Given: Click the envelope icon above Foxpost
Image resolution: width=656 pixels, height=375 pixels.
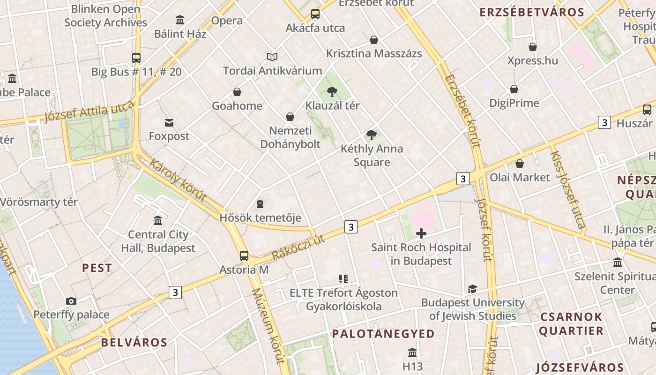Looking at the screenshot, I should [x=169, y=123].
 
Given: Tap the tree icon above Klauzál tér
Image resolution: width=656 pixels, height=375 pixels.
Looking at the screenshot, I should [x=332, y=91].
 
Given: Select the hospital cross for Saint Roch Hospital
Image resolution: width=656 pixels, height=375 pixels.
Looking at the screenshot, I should [x=421, y=233].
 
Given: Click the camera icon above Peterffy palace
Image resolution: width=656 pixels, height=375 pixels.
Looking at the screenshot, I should [x=71, y=301].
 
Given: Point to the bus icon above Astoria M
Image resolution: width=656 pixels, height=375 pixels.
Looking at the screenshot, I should [x=244, y=255].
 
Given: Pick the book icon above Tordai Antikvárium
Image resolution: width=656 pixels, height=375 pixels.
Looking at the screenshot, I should [x=272, y=57].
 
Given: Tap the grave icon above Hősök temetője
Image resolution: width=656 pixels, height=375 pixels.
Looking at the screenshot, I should [x=260, y=204].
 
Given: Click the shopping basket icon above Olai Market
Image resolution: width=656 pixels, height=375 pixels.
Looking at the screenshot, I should [x=520, y=164].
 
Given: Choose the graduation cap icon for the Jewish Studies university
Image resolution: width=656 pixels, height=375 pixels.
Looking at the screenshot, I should [x=472, y=289].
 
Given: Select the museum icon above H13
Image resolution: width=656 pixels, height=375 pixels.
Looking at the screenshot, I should [x=412, y=352].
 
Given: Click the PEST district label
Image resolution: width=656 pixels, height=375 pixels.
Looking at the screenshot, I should [x=97, y=268].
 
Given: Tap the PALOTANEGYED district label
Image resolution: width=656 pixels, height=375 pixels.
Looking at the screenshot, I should [x=383, y=334].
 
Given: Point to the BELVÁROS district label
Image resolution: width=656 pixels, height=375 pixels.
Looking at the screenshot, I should [x=134, y=342].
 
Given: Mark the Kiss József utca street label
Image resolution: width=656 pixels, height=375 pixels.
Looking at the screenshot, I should [x=568, y=190].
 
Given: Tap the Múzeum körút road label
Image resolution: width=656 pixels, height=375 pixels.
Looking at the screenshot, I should [x=268, y=325].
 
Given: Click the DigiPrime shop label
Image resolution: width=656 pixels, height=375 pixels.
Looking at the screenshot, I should [x=514, y=103].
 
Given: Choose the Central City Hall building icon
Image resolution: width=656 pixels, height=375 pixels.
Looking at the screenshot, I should [x=158, y=220].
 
